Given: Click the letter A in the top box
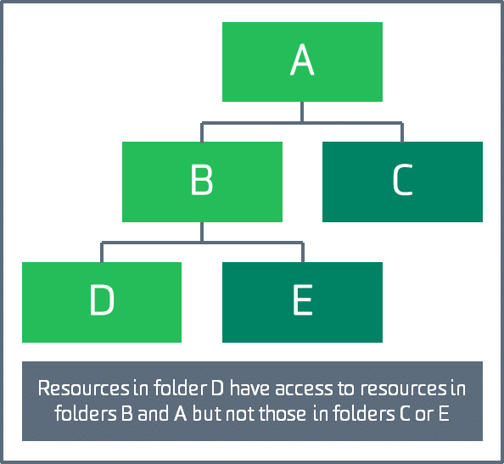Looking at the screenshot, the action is click(x=302, y=59).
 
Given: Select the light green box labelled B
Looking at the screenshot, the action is click(x=202, y=182).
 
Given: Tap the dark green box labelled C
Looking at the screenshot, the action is click(x=402, y=182).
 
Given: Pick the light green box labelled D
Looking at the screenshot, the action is click(x=102, y=302).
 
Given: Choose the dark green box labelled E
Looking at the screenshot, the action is click(x=302, y=302).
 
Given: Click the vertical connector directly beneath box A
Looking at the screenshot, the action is click(x=302, y=112).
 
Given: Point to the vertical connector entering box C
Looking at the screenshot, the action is click(x=402, y=132).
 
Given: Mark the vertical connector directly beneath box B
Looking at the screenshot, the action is click(x=202, y=232).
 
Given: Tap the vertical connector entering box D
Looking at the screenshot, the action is click(x=102, y=252).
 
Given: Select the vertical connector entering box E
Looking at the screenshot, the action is click(x=303, y=252).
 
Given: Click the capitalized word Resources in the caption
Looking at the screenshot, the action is click(x=83, y=389).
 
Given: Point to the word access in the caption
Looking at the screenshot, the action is click(x=304, y=389).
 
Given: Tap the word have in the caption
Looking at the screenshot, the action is click(x=250, y=388).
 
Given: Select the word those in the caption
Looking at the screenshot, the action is click(x=283, y=413).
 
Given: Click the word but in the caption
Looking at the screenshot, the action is click(x=208, y=413).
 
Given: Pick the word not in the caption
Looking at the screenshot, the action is click(x=241, y=414).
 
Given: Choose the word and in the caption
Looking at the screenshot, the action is click(x=153, y=413).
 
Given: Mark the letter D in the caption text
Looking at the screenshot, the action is click(x=217, y=389).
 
